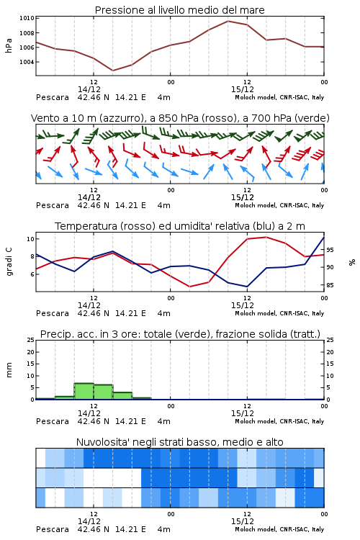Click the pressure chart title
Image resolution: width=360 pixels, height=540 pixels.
coord(180,10)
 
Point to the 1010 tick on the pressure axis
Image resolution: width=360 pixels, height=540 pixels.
coord(27,18)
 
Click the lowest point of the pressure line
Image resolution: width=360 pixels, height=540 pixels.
coord(112,71)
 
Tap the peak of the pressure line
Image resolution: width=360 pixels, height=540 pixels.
coord(228,21)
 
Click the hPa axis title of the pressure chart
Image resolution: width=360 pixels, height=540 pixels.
coord(9,45)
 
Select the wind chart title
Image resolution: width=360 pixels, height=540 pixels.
coord(180,118)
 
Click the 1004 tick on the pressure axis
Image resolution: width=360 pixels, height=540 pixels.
coord(27,62)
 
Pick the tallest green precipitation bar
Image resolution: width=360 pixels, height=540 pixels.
coord(84,391)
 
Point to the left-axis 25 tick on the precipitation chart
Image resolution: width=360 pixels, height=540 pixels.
coord(31,340)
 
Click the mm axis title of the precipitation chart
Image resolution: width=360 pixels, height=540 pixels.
coord(9,370)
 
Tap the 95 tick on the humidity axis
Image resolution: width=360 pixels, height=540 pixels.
coord(330,250)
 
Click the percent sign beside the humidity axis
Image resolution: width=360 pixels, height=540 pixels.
coord(352,262)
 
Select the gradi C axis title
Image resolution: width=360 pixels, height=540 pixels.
coord(9,261)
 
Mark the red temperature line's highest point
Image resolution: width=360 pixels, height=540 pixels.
coord(266,237)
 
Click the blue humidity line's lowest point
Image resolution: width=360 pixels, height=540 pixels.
coord(247,287)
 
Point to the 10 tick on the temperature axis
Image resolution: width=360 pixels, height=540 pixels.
coord(31,239)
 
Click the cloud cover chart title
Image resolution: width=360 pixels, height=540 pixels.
coord(180,442)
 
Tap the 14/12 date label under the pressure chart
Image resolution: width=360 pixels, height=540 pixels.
coord(89,89)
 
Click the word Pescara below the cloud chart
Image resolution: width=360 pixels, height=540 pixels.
coord(53,529)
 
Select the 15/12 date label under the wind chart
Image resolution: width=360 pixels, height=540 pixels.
coord(243,197)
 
